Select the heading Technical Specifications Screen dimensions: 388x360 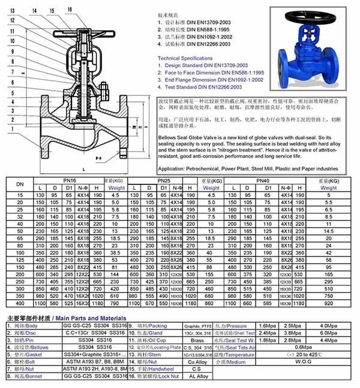(185, 58)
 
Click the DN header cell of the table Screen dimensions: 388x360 (20, 184)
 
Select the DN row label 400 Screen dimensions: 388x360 (20, 303)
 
